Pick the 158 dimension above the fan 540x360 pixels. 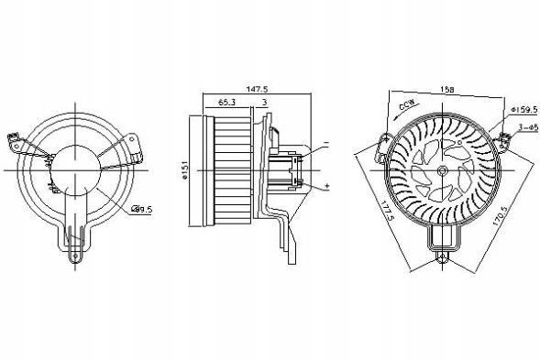point(446,90)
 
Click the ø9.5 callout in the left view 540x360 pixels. point(141,210)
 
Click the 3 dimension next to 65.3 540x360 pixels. point(264,104)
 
